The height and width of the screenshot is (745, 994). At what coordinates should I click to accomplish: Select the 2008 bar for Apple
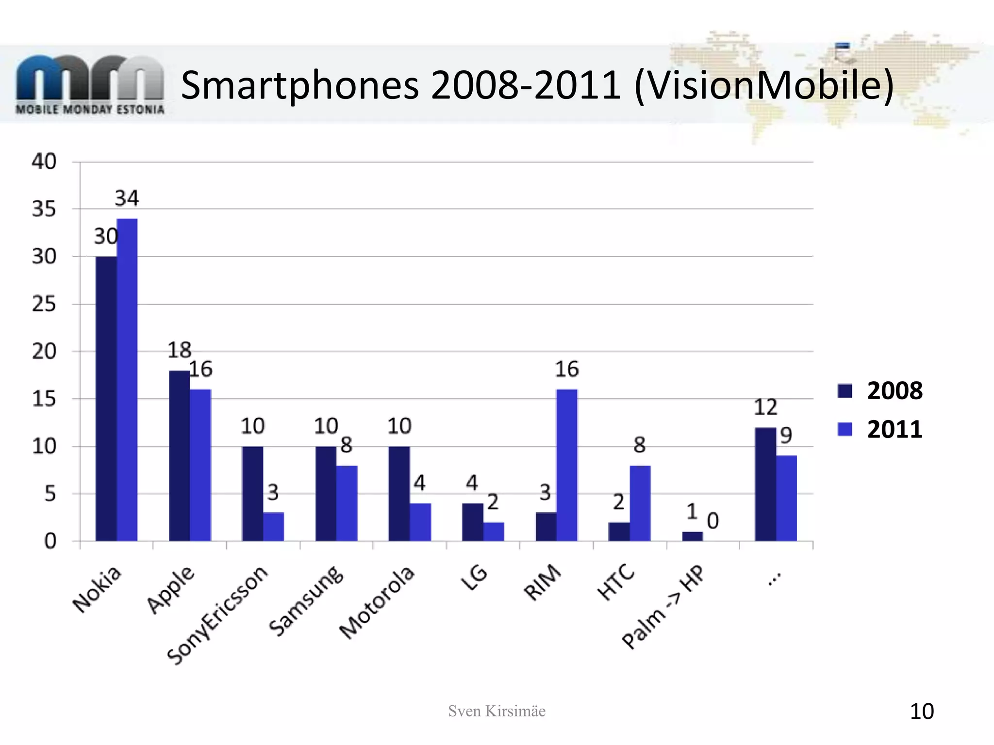click(x=179, y=456)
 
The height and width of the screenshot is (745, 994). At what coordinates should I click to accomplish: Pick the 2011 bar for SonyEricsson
click(x=274, y=527)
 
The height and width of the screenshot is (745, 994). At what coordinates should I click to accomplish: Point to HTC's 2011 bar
click(x=640, y=503)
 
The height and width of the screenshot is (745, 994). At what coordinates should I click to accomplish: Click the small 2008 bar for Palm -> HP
click(x=692, y=536)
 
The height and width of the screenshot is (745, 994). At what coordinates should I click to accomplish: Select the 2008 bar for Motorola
click(x=399, y=493)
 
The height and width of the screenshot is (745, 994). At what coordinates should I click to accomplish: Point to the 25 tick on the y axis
click(x=44, y=304)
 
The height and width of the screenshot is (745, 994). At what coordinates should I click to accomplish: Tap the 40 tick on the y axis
click(x=44, y=162)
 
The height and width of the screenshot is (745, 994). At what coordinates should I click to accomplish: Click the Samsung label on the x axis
click(x=307, y=601)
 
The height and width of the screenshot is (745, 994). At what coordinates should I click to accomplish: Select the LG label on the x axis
click(x=474, y=578)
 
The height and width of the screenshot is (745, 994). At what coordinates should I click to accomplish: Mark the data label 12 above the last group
click(x=765, y=407)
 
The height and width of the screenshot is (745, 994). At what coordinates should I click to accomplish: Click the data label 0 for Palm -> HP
click(x=712, y=521)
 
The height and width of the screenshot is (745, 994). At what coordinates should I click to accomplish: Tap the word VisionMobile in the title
click(x=763, y=85)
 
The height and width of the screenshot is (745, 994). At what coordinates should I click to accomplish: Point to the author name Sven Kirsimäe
click(x=497, y=711)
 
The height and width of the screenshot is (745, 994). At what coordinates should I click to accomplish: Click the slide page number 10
click(x=921, y=712)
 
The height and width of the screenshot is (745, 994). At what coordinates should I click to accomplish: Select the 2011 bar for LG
click(x=494, y=532)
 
